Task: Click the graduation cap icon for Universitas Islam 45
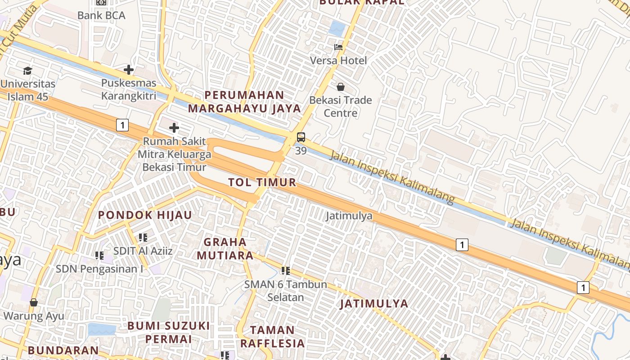[x=28, y=71]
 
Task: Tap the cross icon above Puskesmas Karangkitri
[x=129, y=70]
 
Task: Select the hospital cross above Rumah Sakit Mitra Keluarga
[x=174, y=128]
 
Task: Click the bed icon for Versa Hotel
[x=338, y=47]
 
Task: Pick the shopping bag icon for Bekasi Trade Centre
[x=341, y=86]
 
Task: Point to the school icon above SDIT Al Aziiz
[x=143, y=237]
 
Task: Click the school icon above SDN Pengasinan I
[x=99, y=256]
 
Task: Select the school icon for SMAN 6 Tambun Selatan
[x=285, y=270]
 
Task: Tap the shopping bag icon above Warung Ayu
[x=34, y=302]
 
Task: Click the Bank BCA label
[x=101, y=15]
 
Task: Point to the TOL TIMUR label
[x=262, y=182]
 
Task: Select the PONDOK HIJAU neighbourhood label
[x=145, y=215]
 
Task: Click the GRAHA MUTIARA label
[x=225, y=249]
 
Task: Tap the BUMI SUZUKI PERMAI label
[x=168, y=332]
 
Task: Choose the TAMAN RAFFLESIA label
[x=272, y=336]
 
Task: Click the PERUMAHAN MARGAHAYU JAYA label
[x=244, y=102]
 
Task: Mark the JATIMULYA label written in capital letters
[x=374, y=303]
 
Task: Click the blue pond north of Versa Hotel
[x=337, y=28]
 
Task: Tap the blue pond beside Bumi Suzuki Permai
[x=102, y=329]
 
